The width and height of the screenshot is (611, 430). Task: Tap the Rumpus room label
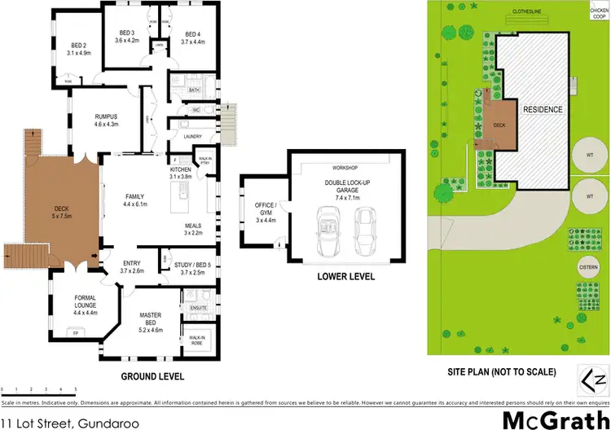[x=107, y=121]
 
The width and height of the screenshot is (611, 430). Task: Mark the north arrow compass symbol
[x=595, y=380]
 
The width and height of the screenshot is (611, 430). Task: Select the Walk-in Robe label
[x=196, y=339]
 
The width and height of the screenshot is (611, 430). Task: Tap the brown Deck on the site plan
[x=499, y=127]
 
